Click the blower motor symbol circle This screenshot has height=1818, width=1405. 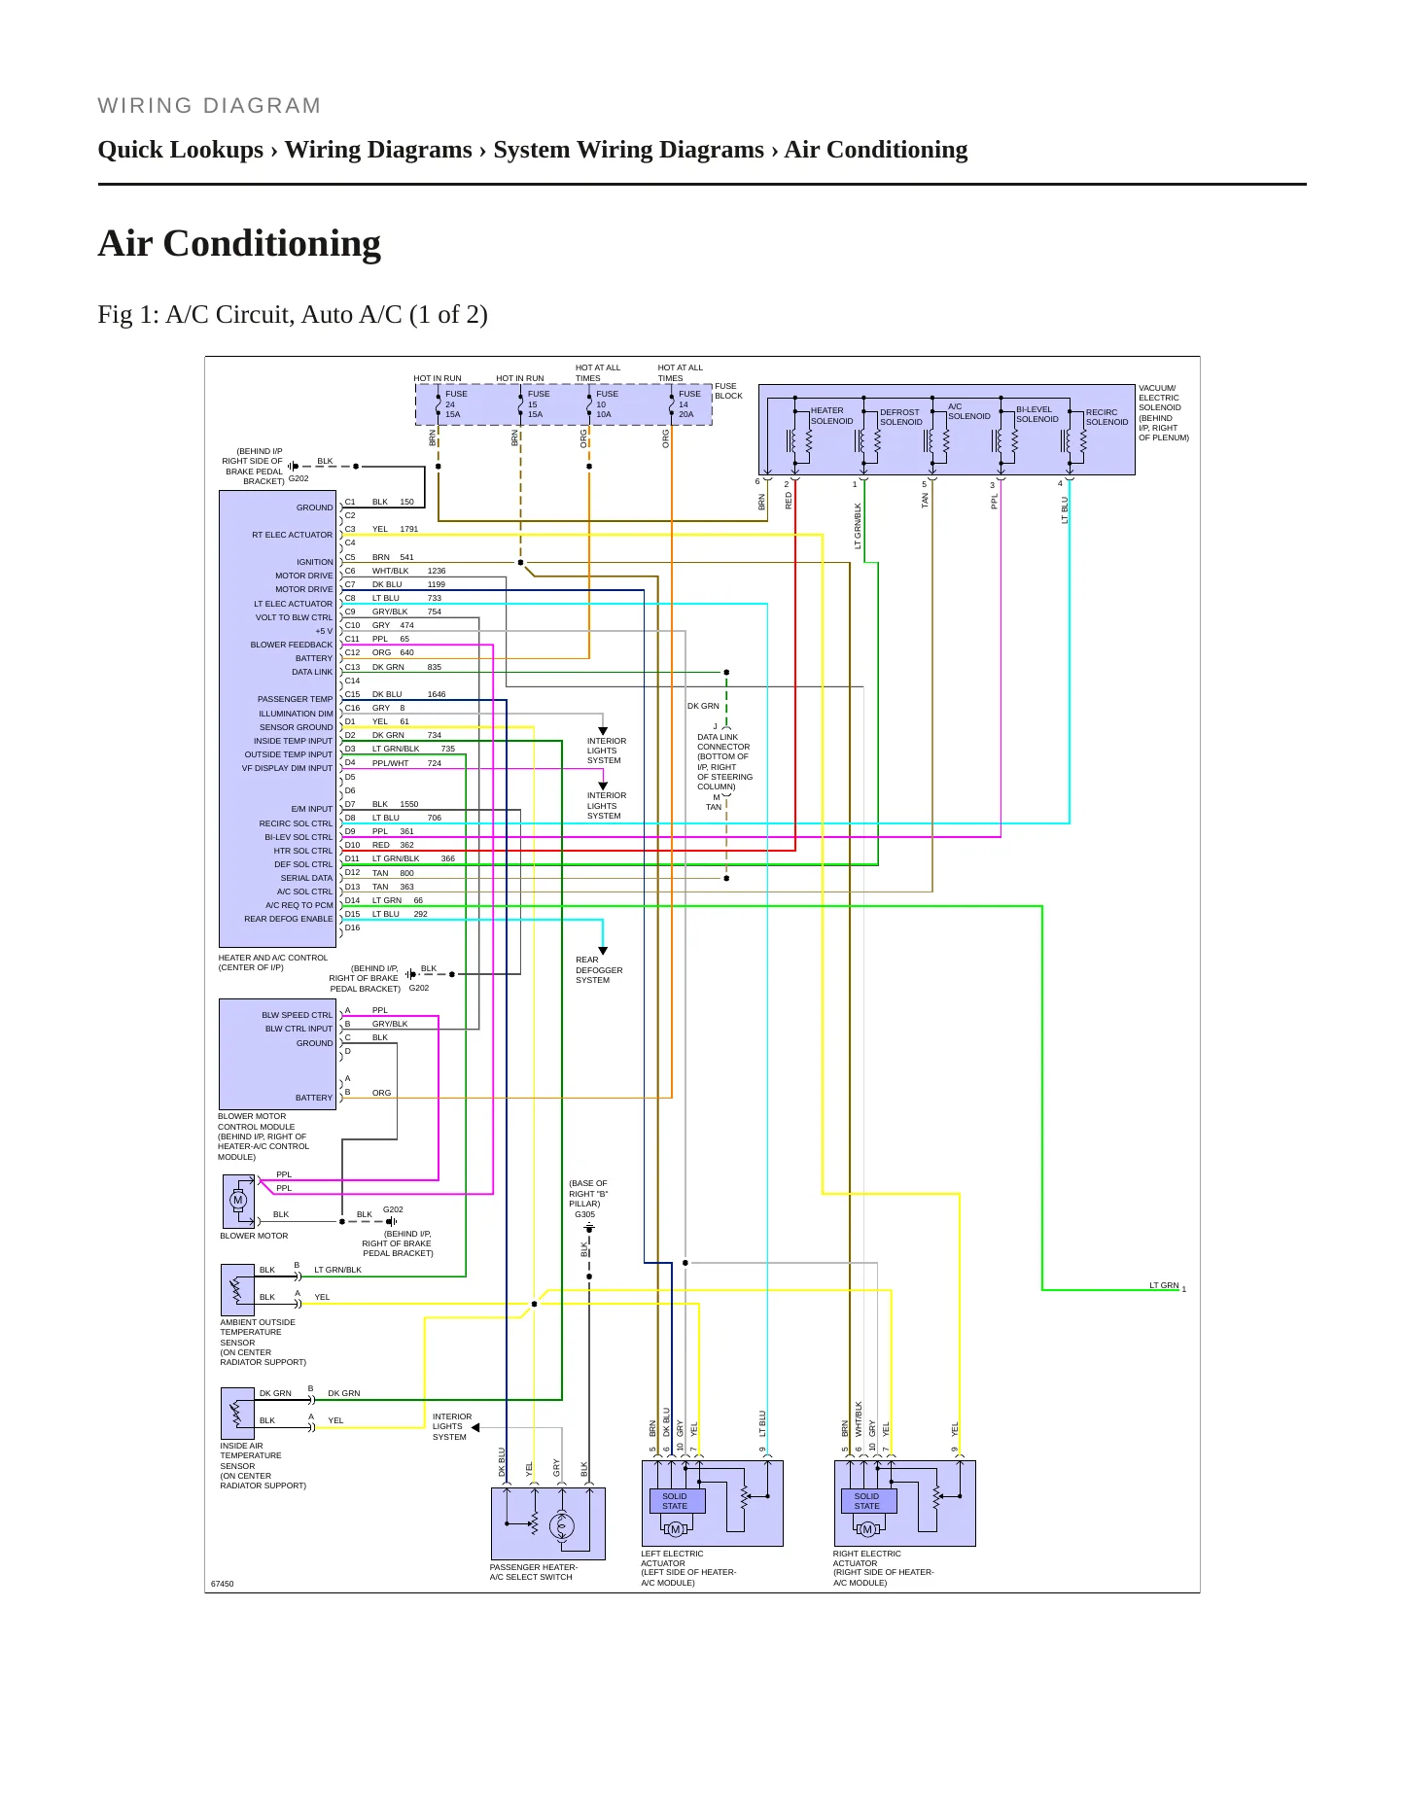coord(238,1200)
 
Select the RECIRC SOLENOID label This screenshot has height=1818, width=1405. coord(1106,417)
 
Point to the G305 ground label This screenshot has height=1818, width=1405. coord(584,1214)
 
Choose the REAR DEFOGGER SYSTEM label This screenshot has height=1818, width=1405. coord(599,970)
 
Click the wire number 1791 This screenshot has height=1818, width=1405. coord(409,530)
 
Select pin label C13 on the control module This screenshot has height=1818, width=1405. coord(352,667)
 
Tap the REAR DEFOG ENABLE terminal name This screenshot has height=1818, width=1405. coord(289,919)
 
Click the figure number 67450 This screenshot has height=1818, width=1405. coord(223,1584)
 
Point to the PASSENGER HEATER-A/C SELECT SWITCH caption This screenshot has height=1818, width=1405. coord(534,1572)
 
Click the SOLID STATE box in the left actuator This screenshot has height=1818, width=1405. coord(675,1501)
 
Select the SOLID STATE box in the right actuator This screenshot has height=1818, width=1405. coord(867,1501)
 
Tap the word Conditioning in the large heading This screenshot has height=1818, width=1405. coord(272,243)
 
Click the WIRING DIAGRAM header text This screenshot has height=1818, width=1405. coord(209,106)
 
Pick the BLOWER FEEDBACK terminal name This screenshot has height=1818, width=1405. coord(292,645)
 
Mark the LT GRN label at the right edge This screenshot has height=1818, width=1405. coord(1164,1285)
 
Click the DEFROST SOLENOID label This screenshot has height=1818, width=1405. coord(901,417)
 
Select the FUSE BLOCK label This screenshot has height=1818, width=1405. coord(728,391)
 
